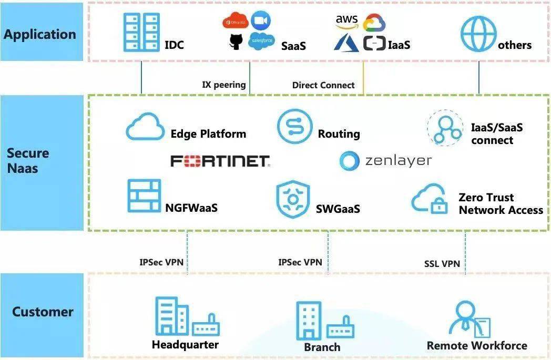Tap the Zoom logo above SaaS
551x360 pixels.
[260, 22]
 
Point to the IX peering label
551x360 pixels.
[224, 85]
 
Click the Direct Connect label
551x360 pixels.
[323, 85]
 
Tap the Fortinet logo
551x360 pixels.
[220, 161]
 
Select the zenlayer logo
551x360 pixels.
[385, 161]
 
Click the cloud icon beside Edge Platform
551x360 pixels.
[145, 128]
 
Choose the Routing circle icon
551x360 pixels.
[294, 127]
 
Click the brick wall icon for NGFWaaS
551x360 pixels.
[144, 196]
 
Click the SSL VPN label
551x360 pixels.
[442, 263]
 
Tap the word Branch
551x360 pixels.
[322, 347]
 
